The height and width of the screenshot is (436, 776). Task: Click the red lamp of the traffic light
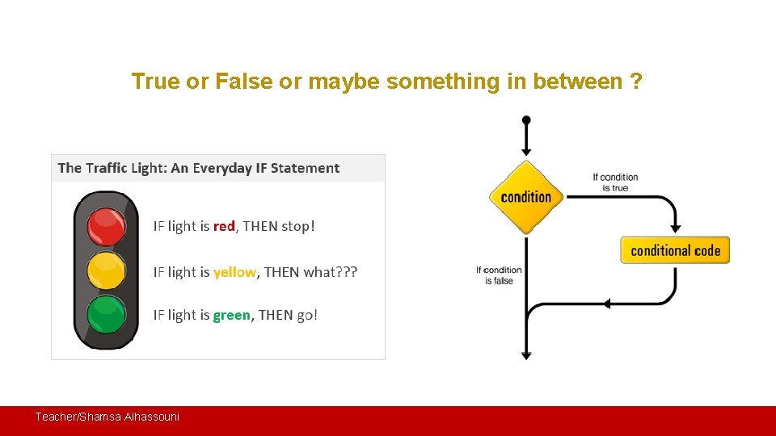pyautogui.click(x=106, y=226)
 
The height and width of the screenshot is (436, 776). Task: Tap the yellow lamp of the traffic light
pyautogui.click(x=106, y=270)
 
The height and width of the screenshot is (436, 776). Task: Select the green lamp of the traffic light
pyautogui.click(x=106, y=315)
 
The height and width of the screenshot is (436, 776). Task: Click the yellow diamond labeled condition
pyautogui.click(x=526, y=197)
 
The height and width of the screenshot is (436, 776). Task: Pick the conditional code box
pyautogui.click(x=675, y=250)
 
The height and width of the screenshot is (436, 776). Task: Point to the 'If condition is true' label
pyautogui.click(x=615, y=182)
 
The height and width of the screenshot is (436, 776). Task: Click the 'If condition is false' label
pyautogui.click(x=499, y=275)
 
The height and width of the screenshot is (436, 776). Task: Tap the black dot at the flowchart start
pyautogui.click(x=526, y=120)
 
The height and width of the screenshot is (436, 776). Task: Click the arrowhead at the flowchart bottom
pyautogui.click(x=526, y=354)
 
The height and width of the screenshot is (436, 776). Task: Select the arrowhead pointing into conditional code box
pyautogui.click(x=676, y=228)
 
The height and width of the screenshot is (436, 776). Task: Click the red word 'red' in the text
pyautogui.click(x=224, y=227)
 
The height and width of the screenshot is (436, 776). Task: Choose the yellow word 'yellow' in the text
pyautogui.click(x=234, y=272)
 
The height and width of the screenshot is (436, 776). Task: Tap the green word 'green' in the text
pyautogui.click(x=231, y=316)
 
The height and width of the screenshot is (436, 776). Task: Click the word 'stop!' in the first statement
pyautogui.click(x=297, y=227)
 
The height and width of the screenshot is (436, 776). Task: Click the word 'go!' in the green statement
pyautogui.click(x=307, y=316)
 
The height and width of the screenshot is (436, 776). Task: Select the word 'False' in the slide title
pyautogui.click(x=241, y=82)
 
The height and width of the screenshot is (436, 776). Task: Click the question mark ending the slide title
pyautogui.click(x=637, y=82)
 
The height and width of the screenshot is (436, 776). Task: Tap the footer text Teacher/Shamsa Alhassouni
pyautogui.click(x=107, y=417)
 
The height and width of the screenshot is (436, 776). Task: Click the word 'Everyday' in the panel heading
pyautogui.click(x=222, y=168)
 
